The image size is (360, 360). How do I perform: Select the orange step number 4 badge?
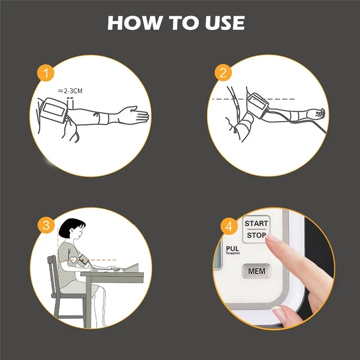pos(229,226)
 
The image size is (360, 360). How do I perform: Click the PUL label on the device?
pos(232,248)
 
